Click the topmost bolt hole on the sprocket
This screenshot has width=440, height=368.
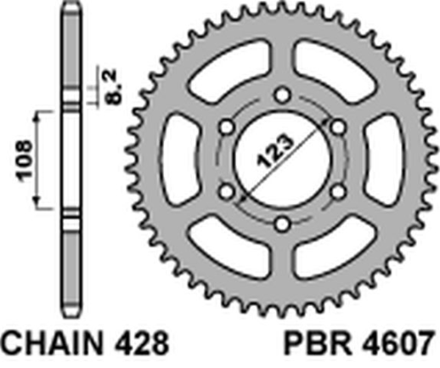[281, 93]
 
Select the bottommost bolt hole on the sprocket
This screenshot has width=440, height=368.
[281, 225]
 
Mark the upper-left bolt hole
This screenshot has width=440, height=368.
[225, 127]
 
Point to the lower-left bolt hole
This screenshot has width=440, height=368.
[225, 192]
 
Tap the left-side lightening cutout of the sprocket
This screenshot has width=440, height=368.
[179, 159]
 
